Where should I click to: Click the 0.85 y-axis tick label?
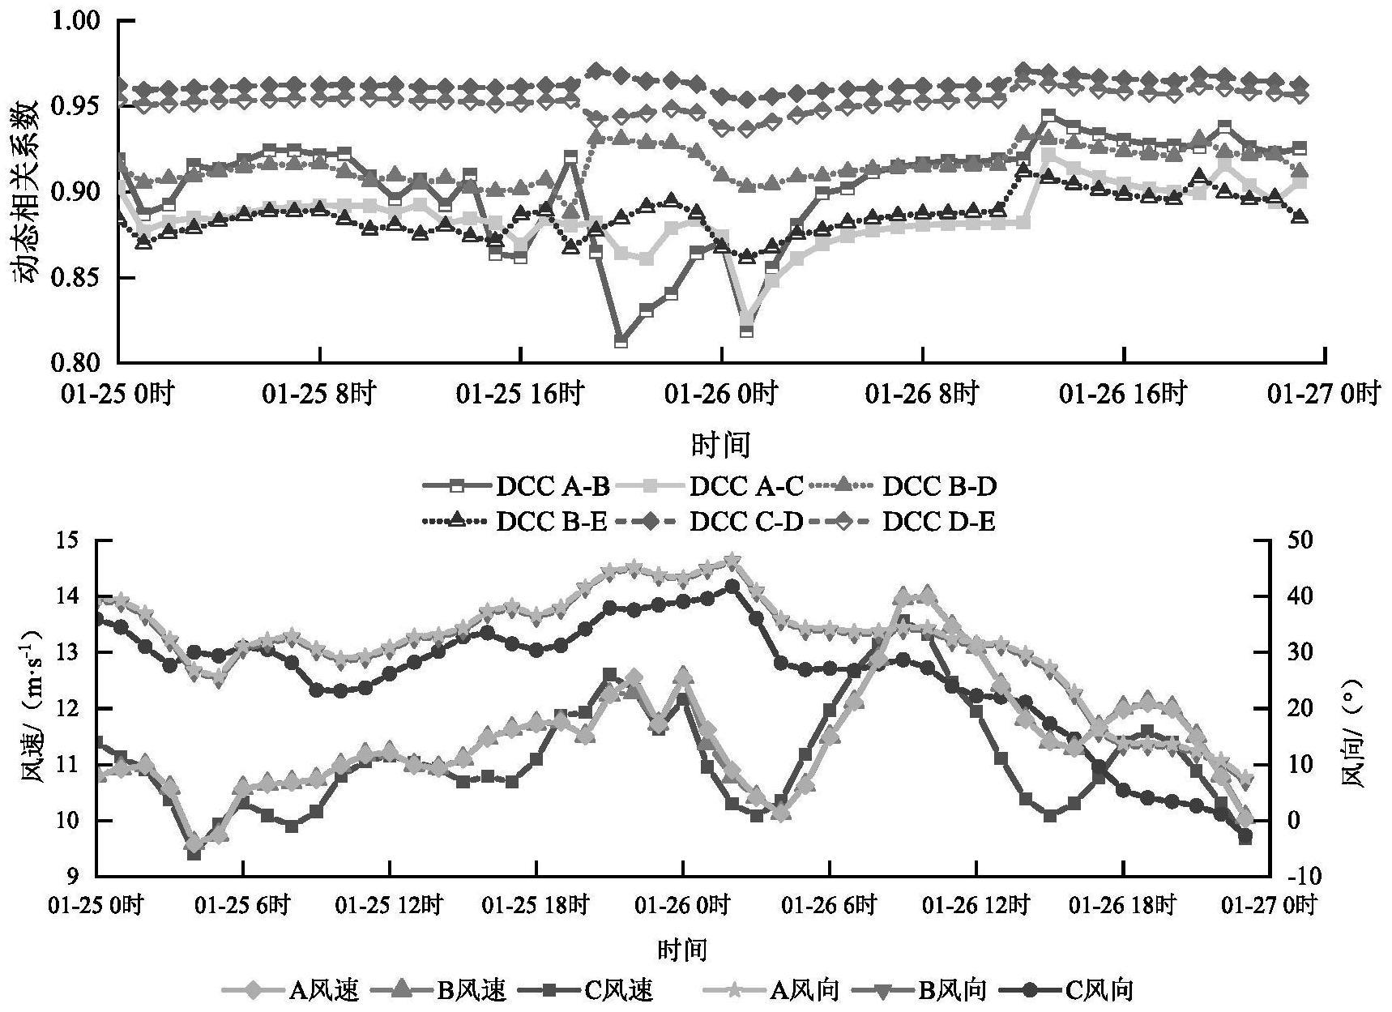pyautogui.click(x=79, y=278)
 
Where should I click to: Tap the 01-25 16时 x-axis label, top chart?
pyautogui.click(x=520, y=395)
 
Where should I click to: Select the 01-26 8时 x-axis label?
pyautogui.click(x=922, y=395)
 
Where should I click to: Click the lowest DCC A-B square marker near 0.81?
pyautogui.click(x=621, y=341)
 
